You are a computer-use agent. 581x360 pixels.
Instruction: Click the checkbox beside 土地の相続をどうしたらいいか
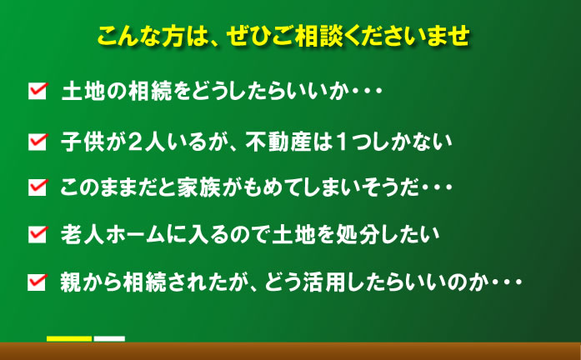38,91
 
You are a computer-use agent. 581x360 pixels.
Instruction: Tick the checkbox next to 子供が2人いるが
38,142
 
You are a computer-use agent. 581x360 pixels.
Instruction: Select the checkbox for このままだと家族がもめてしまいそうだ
38,187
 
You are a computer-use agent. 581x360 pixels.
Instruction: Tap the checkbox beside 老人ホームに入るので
38,234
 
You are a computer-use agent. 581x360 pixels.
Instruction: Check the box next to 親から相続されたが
38,282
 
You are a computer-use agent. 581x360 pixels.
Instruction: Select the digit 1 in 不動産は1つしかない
342,142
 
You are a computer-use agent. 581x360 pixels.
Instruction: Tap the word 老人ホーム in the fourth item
113,234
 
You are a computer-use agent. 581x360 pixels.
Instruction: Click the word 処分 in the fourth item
357,234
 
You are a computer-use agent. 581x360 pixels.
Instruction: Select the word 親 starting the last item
71,282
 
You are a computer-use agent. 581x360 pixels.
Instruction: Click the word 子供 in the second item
83,142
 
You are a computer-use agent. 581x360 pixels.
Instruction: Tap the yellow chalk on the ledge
69,339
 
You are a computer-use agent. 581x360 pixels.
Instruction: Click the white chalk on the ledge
109,339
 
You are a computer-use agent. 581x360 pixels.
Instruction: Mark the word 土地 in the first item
83,91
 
